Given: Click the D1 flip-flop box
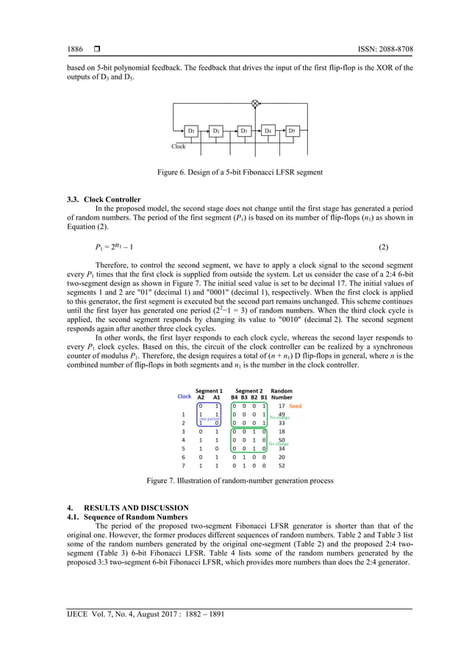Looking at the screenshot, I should click(x=191, y=131).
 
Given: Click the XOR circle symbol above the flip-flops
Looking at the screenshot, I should click(x=255, y=104).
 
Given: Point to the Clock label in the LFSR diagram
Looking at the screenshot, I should click(x=179, y=146).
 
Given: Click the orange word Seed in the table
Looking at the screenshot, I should click(x=295, y=406).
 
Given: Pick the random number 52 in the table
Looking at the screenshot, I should click(x=282, y=465).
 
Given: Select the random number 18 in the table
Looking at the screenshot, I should click(x=282, y=431).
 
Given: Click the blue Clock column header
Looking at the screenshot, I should click(x=185, y=397).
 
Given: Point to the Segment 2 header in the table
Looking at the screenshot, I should click(x=248, y=391).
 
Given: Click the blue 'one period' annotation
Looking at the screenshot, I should click(x=208, y=418).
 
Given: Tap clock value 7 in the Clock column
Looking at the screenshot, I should click(x=182, y=465).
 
